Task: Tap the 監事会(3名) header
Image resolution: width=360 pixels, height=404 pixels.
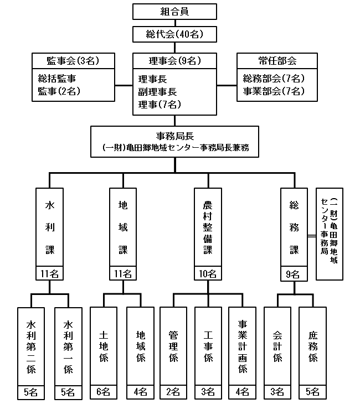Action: click(x=73, y=60)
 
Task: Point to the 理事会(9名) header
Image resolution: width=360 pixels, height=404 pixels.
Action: click(x=175, y=60)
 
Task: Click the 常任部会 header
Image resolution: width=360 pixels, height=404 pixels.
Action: click(x=277, y=60)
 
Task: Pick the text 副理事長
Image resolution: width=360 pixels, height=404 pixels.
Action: click(x=157, y=91)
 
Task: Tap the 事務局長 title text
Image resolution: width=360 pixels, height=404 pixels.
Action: click(x=175, y=136)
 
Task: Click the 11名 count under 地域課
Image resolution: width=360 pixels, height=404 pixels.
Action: click(x=123, y=273)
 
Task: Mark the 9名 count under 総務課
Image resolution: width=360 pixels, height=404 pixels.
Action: click(x=294, y=273)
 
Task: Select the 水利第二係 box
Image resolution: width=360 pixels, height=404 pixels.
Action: click(x=30, y=346)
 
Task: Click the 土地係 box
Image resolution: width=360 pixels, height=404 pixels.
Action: click(x=103, y=346)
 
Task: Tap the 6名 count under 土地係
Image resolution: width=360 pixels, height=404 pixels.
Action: click(x=103, y=392)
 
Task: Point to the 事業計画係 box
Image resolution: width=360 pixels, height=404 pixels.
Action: click(x=242, y=346)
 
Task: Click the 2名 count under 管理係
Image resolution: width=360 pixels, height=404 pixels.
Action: click(x=173, y=392)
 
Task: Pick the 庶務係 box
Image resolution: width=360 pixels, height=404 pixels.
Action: click(x=313, y=346)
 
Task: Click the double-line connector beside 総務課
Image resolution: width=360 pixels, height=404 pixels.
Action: click(x=311, y=237)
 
